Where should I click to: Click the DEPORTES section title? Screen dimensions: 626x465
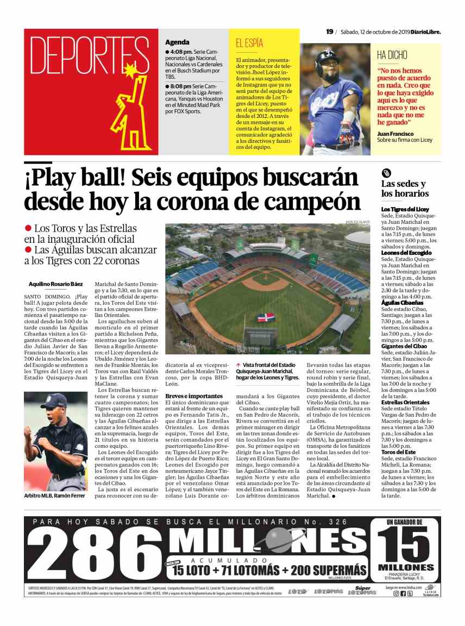(x=81, y=56)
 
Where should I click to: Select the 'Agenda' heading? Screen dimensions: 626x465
(x=177, y=42)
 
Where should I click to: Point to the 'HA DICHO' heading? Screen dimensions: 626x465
(x=392, y=55)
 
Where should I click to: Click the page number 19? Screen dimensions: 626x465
(x=329, y=32)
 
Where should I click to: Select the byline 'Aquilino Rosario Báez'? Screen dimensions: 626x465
(x=55, y=284)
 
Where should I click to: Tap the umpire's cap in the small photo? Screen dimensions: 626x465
(x=55, y=401)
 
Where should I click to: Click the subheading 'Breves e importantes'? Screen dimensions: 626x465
(x=194, y=396)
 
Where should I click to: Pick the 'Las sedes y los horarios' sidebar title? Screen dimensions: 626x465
(x=405, y=189)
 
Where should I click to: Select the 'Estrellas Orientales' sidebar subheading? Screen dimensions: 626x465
(x=405, y=403)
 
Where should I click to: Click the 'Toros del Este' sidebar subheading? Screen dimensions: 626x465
(x=398, y=452)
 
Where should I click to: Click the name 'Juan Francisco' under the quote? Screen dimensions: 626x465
(x=395, y=134)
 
